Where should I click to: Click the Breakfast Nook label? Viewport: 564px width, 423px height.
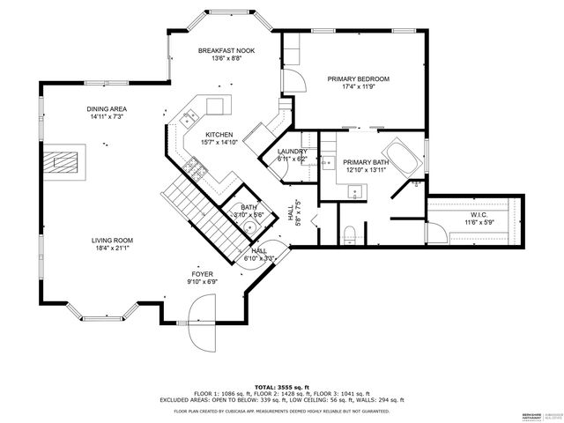click(226, 51)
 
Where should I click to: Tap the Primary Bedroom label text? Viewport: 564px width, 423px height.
click(359, 79)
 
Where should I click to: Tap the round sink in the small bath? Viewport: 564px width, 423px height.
click(250, 226)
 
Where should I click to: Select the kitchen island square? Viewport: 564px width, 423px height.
click(217, 107)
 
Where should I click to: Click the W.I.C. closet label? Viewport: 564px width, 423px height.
click(479, 214)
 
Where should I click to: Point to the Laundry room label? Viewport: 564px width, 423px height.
click(293, 152)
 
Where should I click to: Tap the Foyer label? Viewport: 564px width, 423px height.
click(203, 274)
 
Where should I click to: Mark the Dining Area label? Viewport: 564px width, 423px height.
click(105, 108)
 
